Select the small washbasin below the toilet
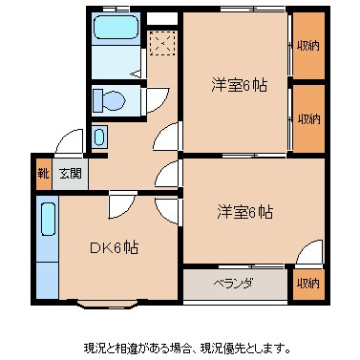pos(100,137)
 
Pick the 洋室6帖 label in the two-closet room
pos(239,84)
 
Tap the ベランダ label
pos(232,283)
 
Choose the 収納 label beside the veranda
pos(307,283)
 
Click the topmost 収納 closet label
pos(307,45)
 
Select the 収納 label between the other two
pos(307,118)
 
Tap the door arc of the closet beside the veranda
pos(307,256)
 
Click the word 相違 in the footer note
pos(124,347)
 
